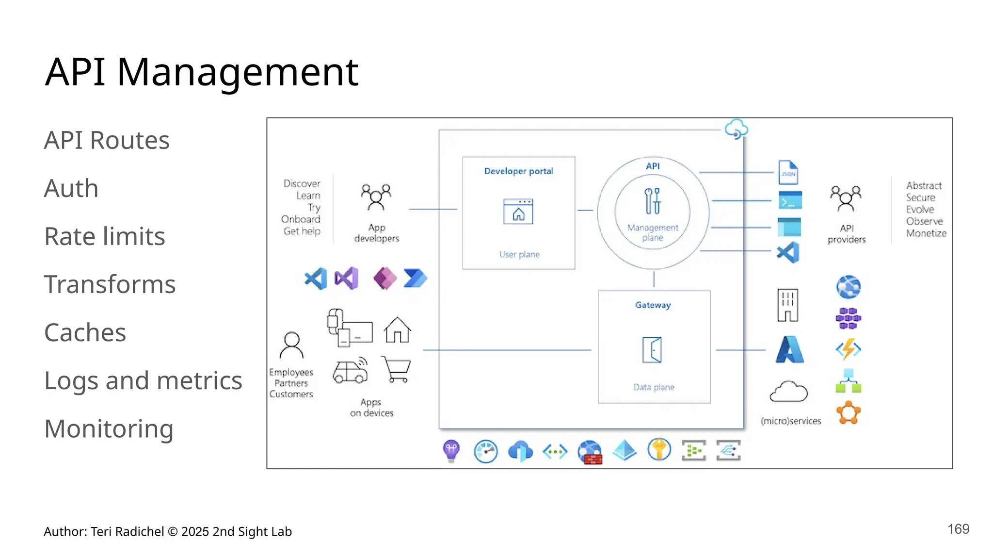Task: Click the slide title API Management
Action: [x=201, y=72]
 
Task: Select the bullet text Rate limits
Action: [x=104, y=236]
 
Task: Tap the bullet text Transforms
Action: [x=110, y=284]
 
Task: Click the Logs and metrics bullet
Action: [x=143, y=380]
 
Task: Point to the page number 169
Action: [x=958, y=529]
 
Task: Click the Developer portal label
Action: [x=518, y=171]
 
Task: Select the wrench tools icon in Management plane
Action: [x=652, y=201]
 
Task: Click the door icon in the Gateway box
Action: [x=653, y=350]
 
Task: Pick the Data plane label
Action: [x=654, y=387]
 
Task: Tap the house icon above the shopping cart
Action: [x=397, y=330]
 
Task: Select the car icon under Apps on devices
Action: [x=350, y=371]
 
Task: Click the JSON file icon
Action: [x=788, y=172]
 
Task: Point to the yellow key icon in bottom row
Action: [x=659, y=449]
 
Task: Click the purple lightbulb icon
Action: [x=451, y=450]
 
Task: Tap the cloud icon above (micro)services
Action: [x=788, y=392]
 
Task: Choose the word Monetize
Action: [x=926, y=233]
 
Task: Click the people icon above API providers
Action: [x=846, y=198]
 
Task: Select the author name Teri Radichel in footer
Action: [x=127, y=532]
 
